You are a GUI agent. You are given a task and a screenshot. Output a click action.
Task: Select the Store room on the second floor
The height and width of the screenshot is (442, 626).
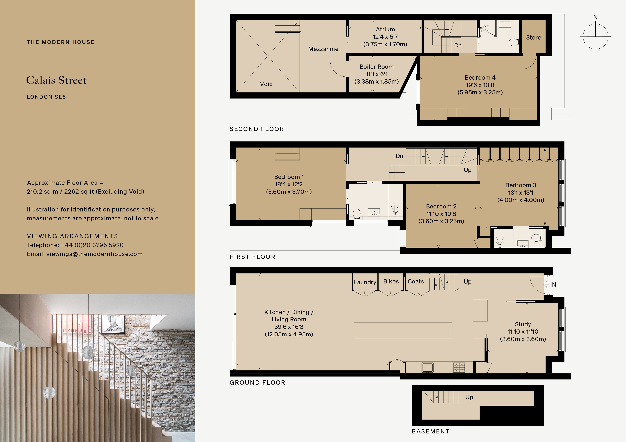click(x=534, y=38)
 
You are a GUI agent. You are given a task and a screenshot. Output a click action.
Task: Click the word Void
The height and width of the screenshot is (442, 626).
click(x=266, y=84)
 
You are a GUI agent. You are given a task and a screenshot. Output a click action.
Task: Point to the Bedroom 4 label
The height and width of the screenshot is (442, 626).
click(x=480, y=78)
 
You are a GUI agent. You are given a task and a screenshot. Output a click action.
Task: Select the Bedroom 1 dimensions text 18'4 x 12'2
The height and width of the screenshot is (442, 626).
click(x=289, y=184)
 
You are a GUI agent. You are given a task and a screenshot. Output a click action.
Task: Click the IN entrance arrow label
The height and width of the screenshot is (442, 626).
click(x=553, y=285)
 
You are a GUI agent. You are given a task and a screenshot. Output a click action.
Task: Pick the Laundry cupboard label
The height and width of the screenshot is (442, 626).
click(x=365, y=282)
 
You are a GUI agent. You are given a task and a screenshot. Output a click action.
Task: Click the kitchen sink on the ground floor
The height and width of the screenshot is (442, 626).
click(x=427, y=367)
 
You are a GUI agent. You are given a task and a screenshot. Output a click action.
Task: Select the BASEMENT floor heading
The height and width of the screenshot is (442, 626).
click(x=430, y=431)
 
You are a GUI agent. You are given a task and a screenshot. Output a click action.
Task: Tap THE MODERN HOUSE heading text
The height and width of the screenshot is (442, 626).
click(x=60, y=42)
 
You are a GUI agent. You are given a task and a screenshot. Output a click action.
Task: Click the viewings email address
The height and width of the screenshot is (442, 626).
click(x=94, y=254)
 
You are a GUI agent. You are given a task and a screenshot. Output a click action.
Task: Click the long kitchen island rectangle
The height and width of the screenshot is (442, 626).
click(x=403, y=330)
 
